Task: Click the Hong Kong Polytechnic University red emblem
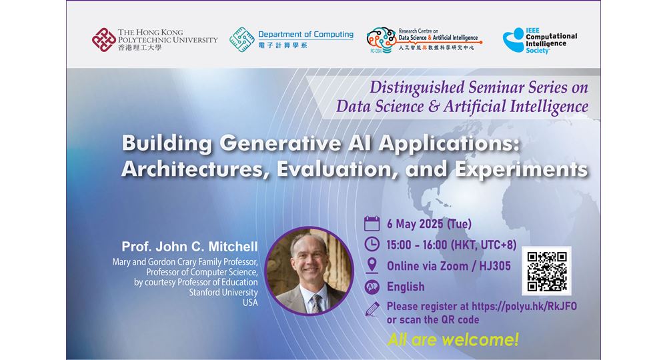point(104,40)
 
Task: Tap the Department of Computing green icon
point(242,39)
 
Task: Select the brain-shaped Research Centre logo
point(381,40)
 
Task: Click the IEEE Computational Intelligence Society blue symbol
point(514,41)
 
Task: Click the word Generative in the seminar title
point(280,143)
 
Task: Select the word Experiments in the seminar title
point(522,169)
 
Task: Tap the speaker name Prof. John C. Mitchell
point(189,247)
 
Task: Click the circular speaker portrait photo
point(309,271)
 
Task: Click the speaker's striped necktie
point(315,303)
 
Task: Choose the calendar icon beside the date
point(372,223)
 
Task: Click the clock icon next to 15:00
point(372,245)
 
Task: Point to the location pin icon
point(372,265)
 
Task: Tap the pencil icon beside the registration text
point(372,309)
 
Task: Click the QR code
point(547,271)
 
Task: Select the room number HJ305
point(495,266)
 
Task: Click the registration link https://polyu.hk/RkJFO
point(524,307)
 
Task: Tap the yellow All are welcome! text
point(453,339)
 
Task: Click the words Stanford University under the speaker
point(223,293)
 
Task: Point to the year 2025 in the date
point(431,224)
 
